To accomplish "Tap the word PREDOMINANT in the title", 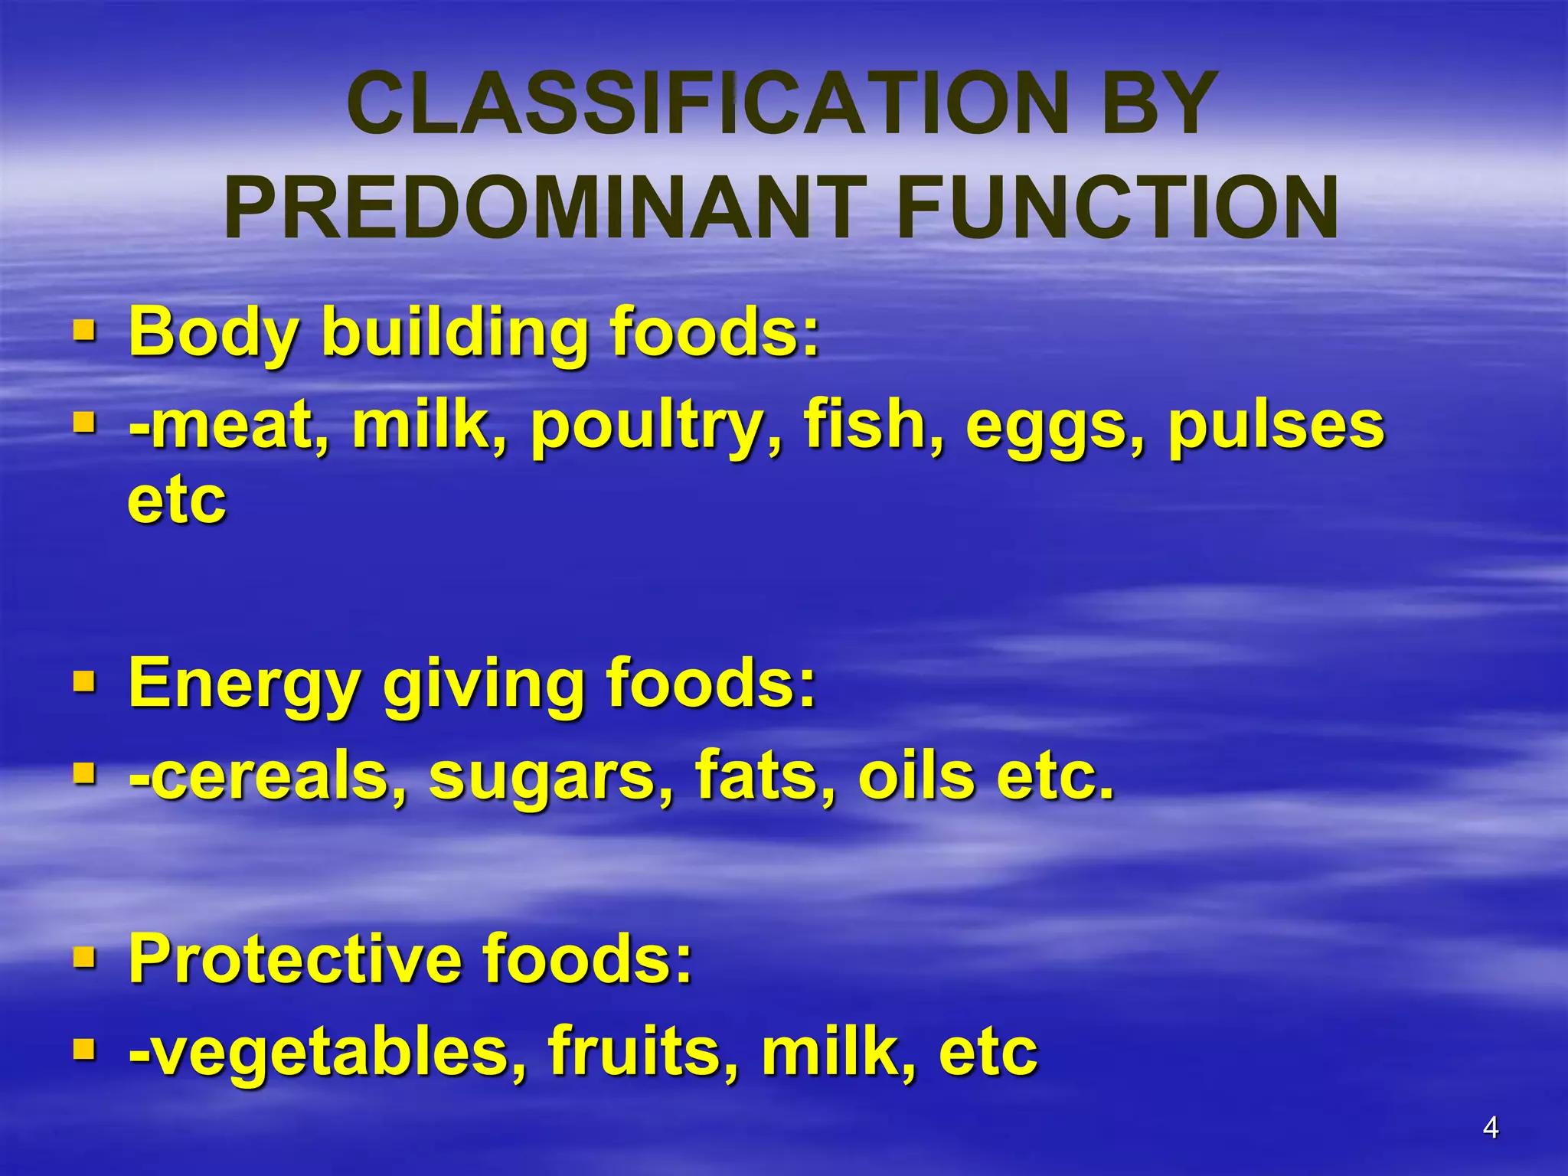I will pyautogui.click(x=545, y=208).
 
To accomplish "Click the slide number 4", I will pyautogui.click(x=1490, y=1128).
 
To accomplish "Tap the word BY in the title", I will pyautogui.click(x=1159, y=103).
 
